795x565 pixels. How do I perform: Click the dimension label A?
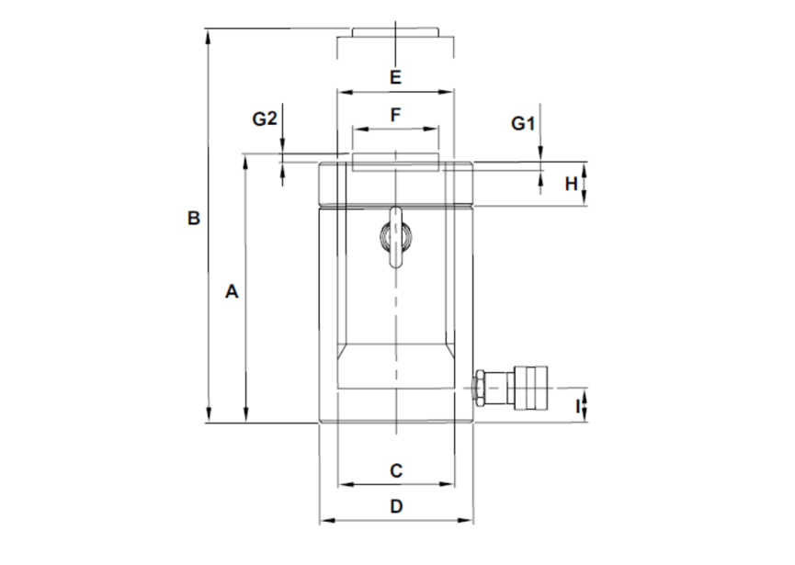point(232,292)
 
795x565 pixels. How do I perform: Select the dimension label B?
point(193,219)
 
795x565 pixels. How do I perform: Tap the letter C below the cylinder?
point(396,470)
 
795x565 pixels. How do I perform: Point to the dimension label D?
point(396,506)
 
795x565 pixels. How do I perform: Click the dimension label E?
point(395,77)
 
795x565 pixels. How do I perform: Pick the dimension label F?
point(396,115)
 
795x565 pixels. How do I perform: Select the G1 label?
point(522,123)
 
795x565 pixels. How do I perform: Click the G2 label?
point(265,119)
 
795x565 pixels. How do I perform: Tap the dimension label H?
point(571,184)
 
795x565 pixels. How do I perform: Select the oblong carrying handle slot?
point(395,237)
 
